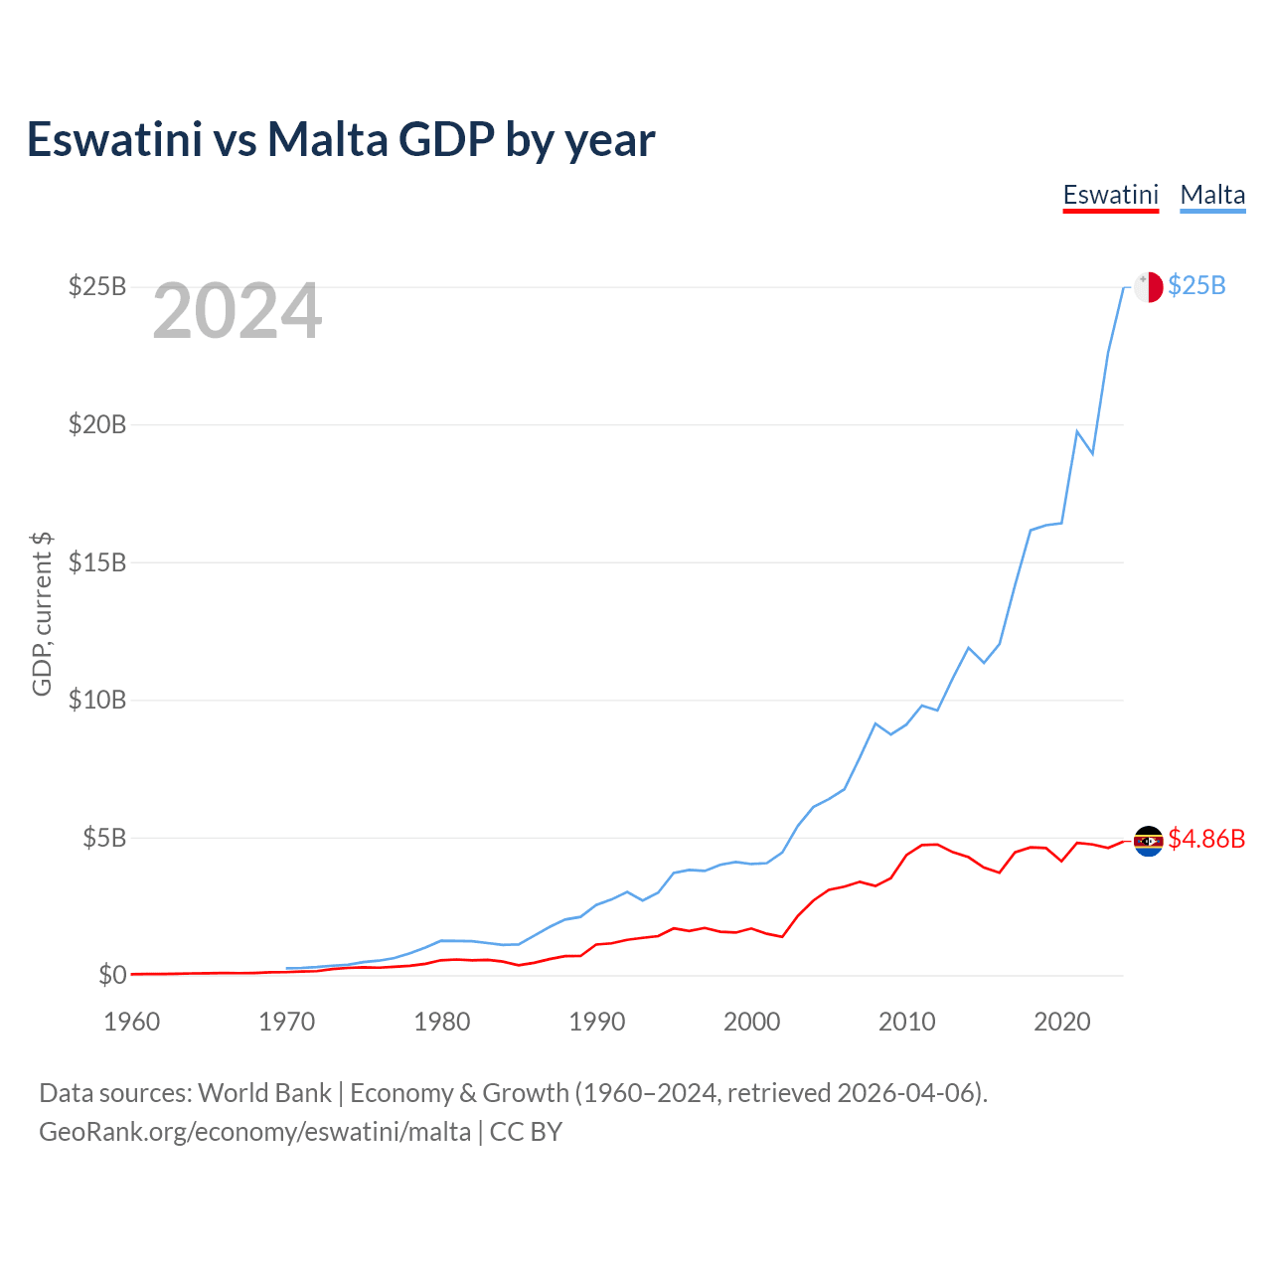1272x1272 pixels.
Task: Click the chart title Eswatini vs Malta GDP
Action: point(340,139)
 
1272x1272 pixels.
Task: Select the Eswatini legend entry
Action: point(1111,195)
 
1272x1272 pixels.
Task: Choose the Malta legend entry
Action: point(1212,195)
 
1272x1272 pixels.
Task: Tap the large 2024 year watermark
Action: point(237,312)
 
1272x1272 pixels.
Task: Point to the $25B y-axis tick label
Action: point(97,286)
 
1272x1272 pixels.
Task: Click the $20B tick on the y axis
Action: point(97,424)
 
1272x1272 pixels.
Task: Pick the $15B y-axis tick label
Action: point(97,562)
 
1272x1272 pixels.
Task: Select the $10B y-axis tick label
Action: point(97,700)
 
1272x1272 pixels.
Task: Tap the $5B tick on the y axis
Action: point(103,838)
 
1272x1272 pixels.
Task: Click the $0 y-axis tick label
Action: point(112,975)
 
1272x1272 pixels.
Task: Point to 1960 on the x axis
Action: point(132,1022)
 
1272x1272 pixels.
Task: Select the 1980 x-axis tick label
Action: point(442,1022)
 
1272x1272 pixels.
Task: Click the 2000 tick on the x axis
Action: point(752,1022)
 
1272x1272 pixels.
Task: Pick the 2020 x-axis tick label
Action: point(1062,1022)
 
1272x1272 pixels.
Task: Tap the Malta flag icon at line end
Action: point(1149,286)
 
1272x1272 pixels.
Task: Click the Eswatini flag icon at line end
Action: point(1149,841)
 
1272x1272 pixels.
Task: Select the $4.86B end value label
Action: point(1206,839)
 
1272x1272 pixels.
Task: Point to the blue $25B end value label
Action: point(1196,286)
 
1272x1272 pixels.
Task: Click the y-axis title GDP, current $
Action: point(42,614)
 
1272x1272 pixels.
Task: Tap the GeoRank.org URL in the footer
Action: point(254,1132)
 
